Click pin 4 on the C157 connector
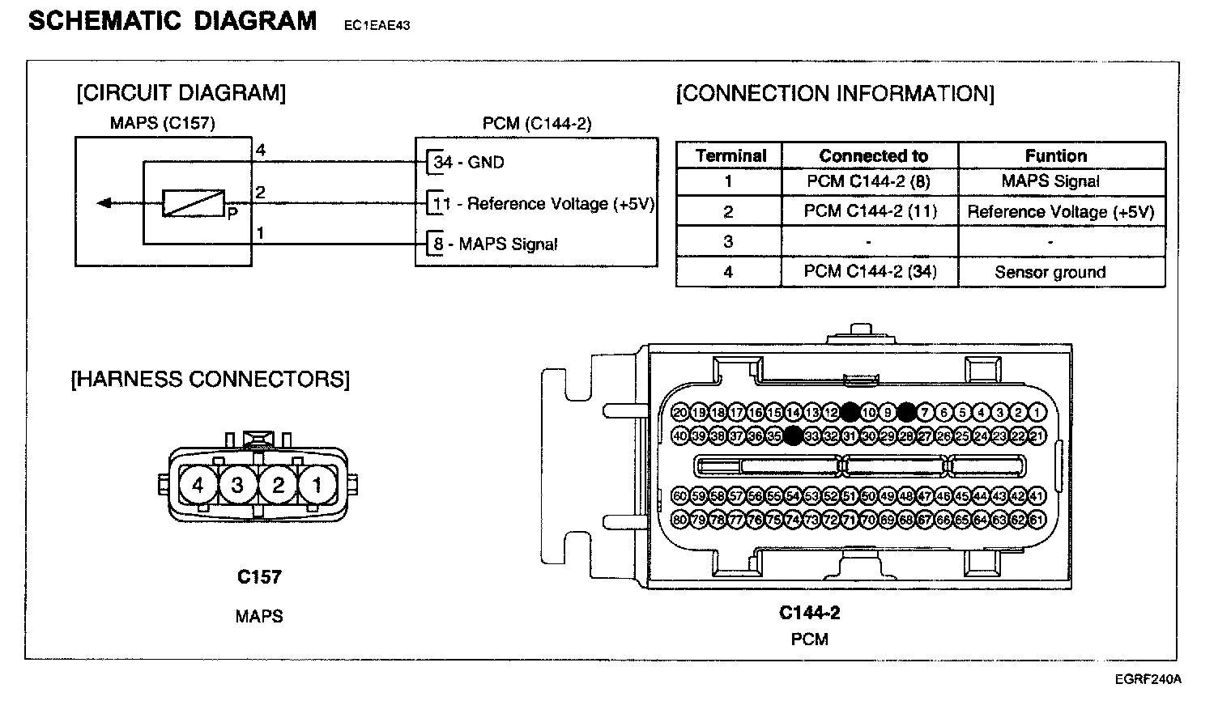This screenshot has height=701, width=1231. coord(198,485)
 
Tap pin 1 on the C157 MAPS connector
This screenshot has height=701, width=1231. coord(317,485)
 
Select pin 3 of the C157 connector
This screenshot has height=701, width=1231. coord(237,485)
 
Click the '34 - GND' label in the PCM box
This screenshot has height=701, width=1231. coord(469,162)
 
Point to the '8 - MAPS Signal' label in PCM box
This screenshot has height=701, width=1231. coord(495,244)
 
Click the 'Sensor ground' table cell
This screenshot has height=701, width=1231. coord(1050,272)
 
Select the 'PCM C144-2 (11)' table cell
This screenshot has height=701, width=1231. coord(870,211)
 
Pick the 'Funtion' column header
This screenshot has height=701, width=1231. coord(1055,155)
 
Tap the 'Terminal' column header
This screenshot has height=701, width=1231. coord(731,155)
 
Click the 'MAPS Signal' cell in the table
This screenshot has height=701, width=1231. coord(1050,181)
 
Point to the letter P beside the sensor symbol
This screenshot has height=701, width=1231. coord(232,215)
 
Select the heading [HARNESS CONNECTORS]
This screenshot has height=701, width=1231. coord(211,379)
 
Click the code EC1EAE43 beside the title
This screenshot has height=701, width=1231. coord(377,25)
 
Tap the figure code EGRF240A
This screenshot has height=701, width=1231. coord(1148,678)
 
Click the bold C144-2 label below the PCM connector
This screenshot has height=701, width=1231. coord(809,613)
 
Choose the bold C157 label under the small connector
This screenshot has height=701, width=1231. coord(259,576)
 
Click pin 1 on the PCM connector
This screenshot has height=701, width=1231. coord(1037,413)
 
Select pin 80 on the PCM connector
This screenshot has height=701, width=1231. coord(679,520)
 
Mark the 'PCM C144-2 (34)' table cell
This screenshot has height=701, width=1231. coord(870,272)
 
